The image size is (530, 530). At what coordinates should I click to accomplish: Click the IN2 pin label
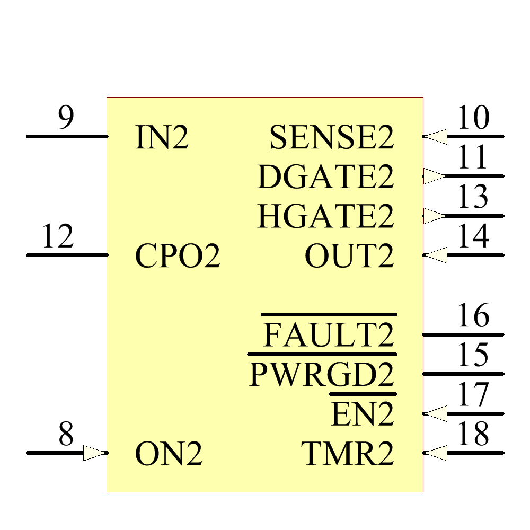162,137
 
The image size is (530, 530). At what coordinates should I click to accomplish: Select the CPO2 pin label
178,256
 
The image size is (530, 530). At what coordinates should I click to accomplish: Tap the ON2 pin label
169,454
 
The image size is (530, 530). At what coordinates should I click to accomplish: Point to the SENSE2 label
332,138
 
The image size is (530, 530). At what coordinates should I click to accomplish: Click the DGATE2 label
326,177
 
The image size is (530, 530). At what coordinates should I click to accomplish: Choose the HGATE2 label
326,216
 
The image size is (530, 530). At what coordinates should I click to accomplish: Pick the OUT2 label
349,256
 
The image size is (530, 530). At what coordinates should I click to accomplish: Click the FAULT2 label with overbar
329,335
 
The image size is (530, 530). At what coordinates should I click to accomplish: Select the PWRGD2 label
322,375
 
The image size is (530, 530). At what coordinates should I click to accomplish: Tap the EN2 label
363,414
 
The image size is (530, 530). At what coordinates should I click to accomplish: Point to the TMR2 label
348,454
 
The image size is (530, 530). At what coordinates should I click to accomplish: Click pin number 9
66,118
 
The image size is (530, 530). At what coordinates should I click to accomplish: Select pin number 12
57,237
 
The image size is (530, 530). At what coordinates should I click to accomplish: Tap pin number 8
66,435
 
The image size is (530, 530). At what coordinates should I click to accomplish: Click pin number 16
473,316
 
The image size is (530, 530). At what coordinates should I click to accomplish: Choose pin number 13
473,197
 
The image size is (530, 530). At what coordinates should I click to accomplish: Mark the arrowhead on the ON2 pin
95,453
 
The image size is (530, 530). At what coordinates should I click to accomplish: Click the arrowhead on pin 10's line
435,137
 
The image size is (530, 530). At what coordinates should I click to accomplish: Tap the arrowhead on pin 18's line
435,453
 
